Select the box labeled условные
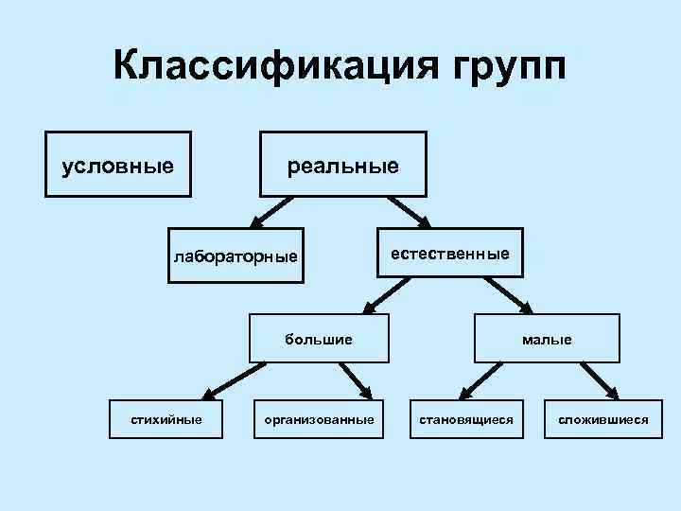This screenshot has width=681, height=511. point(118,164)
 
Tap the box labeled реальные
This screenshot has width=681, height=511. point(343,164)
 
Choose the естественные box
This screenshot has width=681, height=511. point(450,252)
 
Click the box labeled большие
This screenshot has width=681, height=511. point(319,338)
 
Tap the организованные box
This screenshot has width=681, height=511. point(319,417)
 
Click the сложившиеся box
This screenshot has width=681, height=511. point(602,417)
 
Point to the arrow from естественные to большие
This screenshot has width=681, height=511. point(388,293)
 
